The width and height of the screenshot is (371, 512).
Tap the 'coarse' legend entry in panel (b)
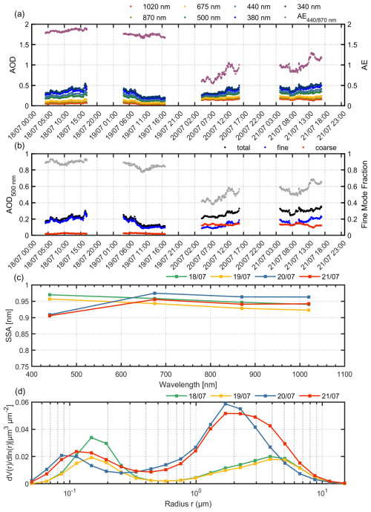(x=323, y=147)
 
